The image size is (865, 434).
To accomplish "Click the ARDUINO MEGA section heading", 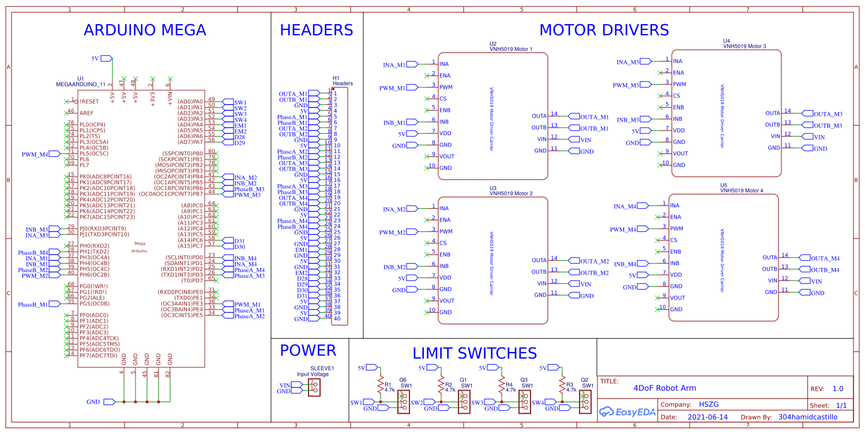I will tap(145, 30).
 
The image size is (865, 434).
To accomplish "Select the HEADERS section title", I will tap(316, 30).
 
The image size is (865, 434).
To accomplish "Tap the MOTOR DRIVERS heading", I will tap(604, 30).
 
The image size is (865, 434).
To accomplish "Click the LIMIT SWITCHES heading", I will tap(475, 353).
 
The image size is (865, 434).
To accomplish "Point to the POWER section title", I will tap(307, 350).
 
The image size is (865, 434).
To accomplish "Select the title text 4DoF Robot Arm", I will tap(665, 388).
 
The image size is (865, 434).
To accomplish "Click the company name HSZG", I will tap(709, 405).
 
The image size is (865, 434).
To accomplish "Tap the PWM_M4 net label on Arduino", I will tap(36, 154).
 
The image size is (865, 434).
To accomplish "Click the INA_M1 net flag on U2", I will tap(395, 65).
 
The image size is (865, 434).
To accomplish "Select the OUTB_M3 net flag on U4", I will tap(828, 125).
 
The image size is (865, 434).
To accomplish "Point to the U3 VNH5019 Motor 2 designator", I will tap(511, 191).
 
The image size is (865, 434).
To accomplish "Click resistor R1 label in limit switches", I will tap(388, 384).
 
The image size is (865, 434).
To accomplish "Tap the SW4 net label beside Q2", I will tap(537, 402).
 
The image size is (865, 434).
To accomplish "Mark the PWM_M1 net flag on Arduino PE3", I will tap(247, 304).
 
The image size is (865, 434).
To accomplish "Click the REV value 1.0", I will tap(838, 388).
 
